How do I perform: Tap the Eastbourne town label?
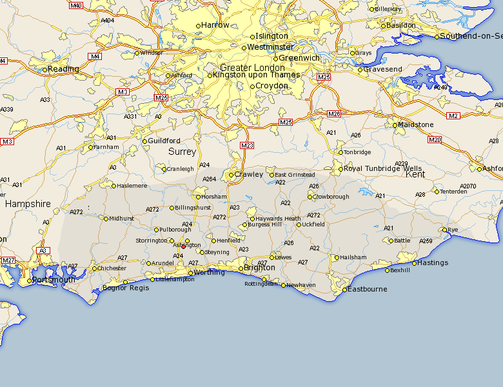(x=368, y=289)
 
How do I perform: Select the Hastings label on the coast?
(x=433, y=263)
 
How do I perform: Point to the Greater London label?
(x=252, y=68)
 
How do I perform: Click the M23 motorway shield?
(x=247, y=146)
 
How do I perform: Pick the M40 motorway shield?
(x=76, y=6)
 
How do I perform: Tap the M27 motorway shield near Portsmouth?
(x=8, y=260)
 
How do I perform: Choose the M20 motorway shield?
(x=434, y=139)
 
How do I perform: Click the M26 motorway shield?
(x=333, y=114)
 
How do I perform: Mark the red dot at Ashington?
(x=183, y=246)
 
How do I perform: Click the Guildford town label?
(x=164, y=141)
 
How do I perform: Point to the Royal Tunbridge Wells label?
(x=374, y=169)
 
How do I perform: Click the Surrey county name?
(x=182, y=152)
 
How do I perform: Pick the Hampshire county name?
(x=28, y=204)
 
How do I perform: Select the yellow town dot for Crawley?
(x=231, y=175)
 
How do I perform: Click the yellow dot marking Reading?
(x=45, y=70)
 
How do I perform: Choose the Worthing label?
(x=210, y=273)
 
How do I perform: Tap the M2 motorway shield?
(x=453, y=115)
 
